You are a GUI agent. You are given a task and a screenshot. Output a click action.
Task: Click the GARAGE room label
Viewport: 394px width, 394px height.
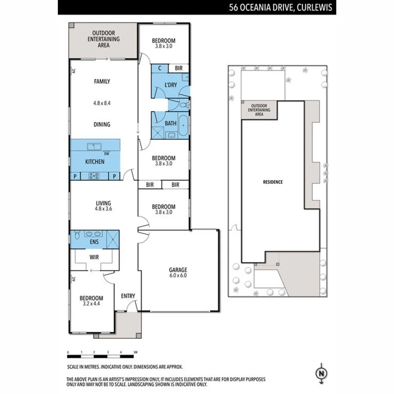pyautogui.click(x=179, y=270)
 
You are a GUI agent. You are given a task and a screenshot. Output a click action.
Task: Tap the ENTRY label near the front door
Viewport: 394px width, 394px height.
pyautogui.click(x=128, y=296)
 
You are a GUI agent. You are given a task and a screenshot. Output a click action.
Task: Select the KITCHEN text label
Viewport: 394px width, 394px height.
pyautogui.click(x=95, y=162)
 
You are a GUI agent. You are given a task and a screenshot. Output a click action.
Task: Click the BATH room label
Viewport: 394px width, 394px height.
pyautogui.click(x=170, y=123)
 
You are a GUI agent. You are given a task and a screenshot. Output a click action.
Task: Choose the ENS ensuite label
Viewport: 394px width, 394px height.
pyautogui.click(x=94, y=241)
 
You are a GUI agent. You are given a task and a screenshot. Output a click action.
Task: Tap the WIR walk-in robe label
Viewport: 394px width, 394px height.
pyautogui.click(x=94, y=257)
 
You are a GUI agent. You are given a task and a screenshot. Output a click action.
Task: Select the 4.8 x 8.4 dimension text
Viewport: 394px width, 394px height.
pyautogui.click(x=102, y=103)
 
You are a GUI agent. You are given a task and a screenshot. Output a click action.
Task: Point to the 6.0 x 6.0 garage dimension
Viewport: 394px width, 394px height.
pyautogui.click(x=179, y=276)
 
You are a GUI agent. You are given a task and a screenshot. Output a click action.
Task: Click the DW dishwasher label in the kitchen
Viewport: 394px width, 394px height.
pyautogui.click(x=106, y=154)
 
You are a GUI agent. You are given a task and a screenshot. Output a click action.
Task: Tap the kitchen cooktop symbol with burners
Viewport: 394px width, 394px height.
pyautogui.click(x=94, y=176)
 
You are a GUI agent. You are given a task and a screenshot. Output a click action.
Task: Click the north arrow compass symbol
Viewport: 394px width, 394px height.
pyautogui.click(x=322, y=373)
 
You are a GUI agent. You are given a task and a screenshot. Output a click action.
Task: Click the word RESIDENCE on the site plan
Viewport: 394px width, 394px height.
pyautogui.click(x=273, y=182)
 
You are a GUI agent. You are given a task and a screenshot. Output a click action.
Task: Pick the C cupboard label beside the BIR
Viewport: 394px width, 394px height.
pyautogui.click(x=160, y=68)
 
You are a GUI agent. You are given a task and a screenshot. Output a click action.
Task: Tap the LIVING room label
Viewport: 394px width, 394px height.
pyautogui.click(x=103, y=203)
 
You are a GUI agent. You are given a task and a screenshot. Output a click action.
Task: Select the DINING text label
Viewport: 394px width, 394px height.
pyautogui.click(x=102, y=124)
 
